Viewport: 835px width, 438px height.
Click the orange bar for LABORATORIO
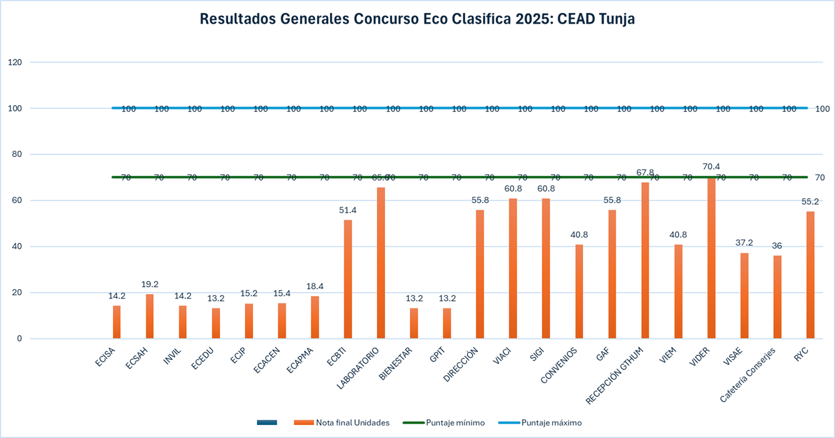pyautogui.click(x=381, y=263)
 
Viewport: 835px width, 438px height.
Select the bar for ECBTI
pyautogui.click(x=347, y=279)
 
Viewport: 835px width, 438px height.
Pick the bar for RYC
pyautogui.click(x=811, y=275)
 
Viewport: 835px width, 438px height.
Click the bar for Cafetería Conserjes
pyautogui.click(x=777, y=297)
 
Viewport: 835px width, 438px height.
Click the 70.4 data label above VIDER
pyautogui.click(x=711, y=166)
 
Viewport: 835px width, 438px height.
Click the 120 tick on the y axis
pyautogui.click(x=15, y=62)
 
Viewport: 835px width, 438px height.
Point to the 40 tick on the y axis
pyautogui.click(x=17, y=247)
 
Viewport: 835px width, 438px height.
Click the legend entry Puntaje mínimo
pyautogui.click(x=455, y=422)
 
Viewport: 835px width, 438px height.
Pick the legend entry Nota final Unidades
pyautogui.click(x=352, y=422)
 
